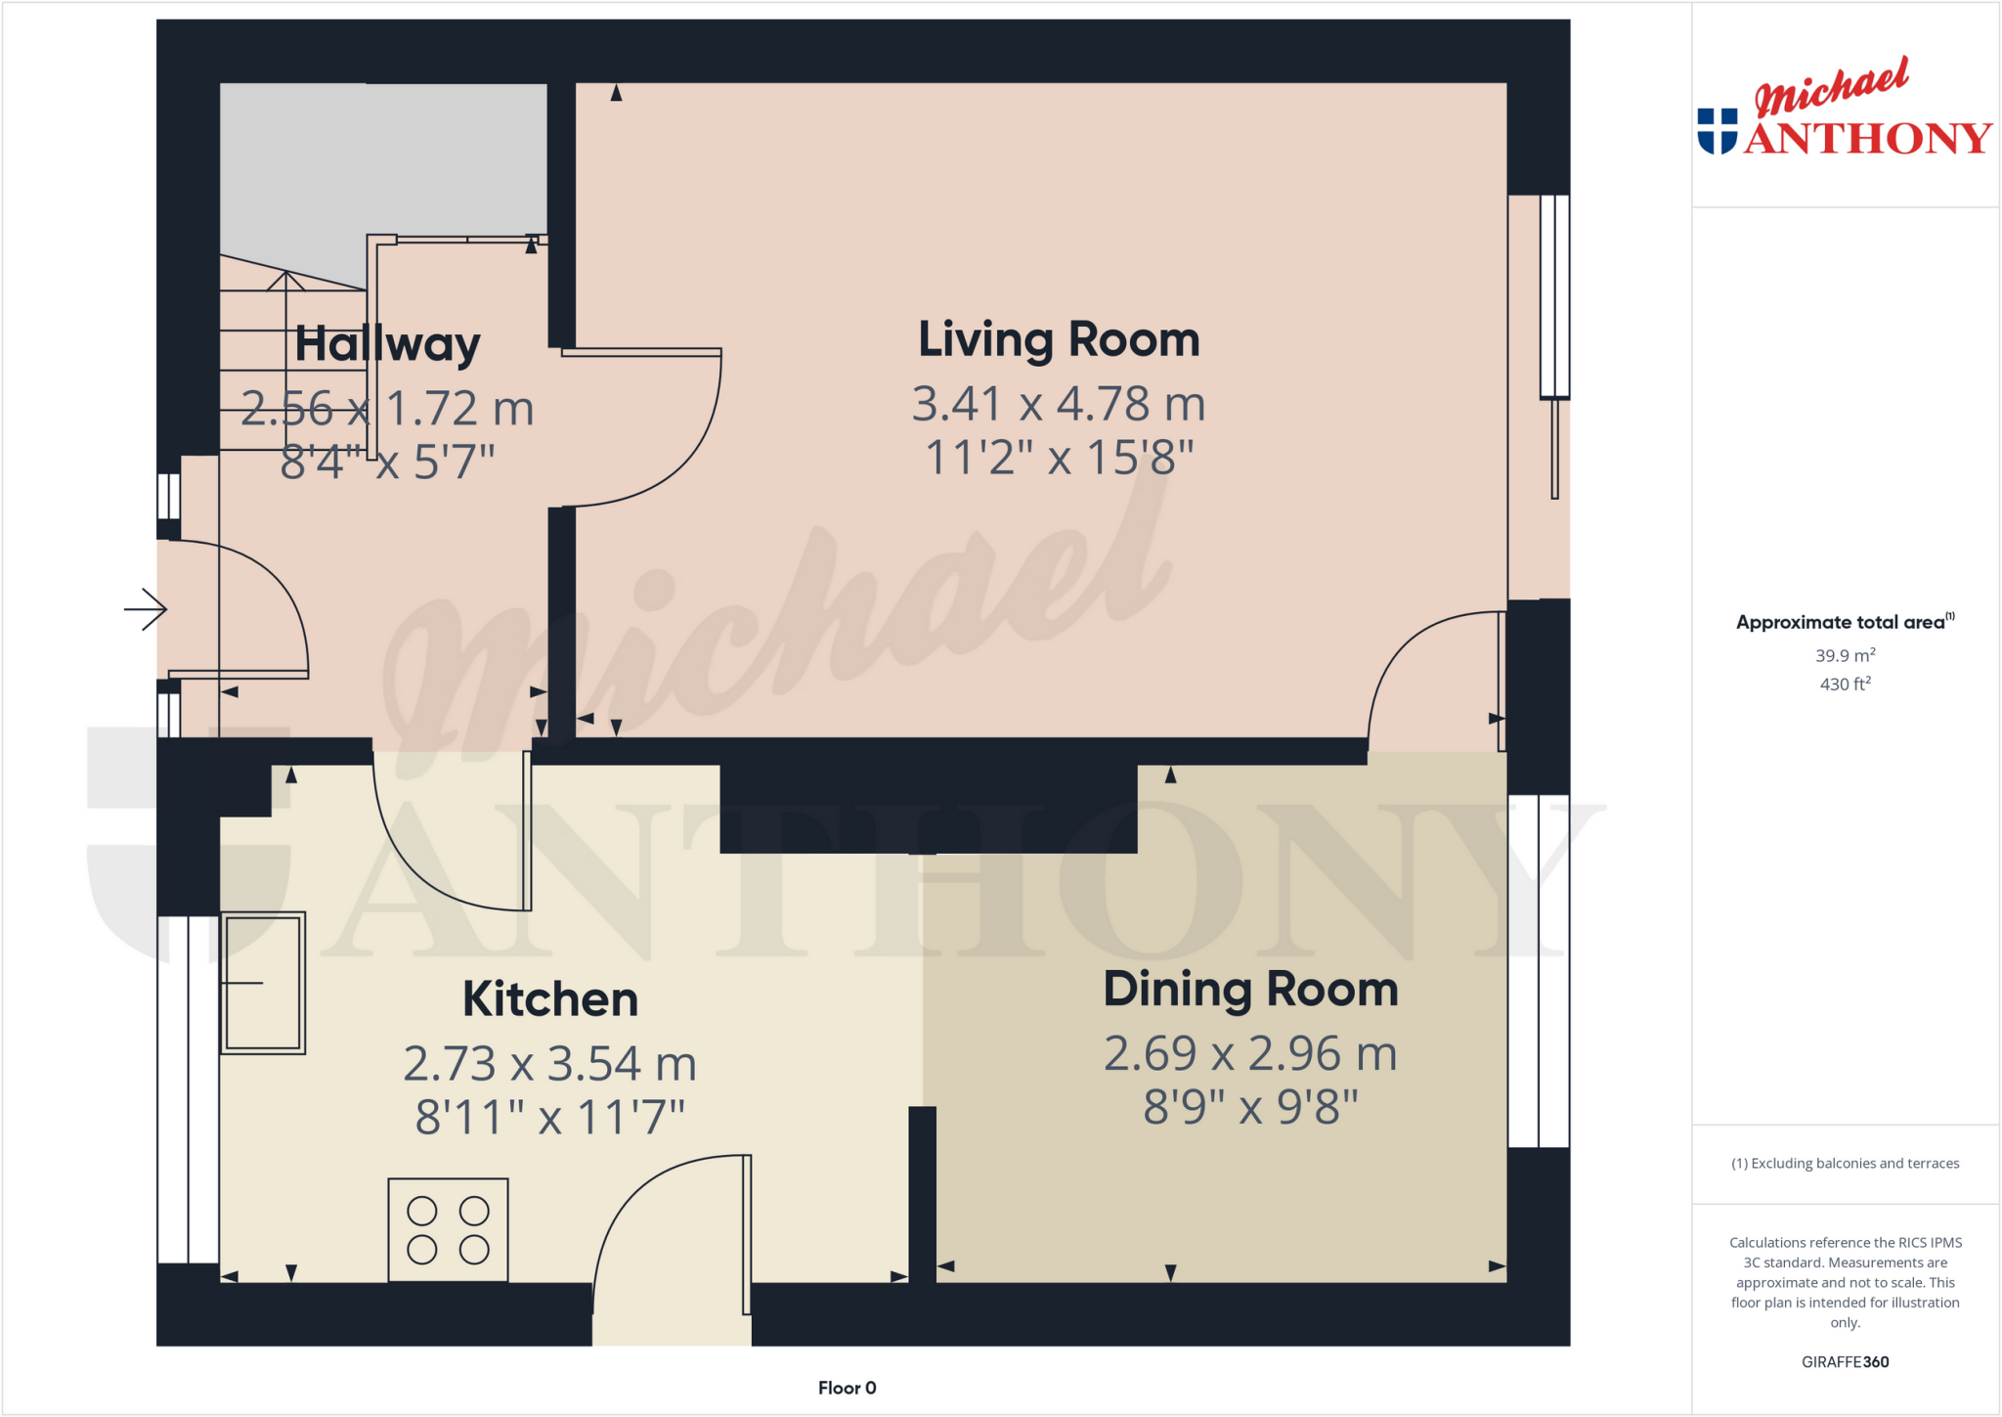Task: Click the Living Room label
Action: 1059,340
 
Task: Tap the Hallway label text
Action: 387,344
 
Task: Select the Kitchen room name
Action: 549,999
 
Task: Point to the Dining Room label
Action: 1250,990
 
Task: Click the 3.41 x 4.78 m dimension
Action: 1059,404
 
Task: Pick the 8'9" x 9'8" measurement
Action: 1250,1108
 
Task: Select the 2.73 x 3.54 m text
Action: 549,1064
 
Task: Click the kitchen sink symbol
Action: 263,983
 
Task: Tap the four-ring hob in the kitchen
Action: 448,1230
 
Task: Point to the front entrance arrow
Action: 147,610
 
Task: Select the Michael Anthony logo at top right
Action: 1845,110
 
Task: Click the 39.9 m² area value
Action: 1845,655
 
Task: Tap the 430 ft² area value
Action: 1845,685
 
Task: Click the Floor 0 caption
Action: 847,1388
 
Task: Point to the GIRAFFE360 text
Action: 1845,1362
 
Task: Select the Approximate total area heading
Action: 1843,622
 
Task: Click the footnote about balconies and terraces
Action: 1845,1164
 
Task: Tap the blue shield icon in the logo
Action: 1718,131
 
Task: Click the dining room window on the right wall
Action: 1539,971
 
